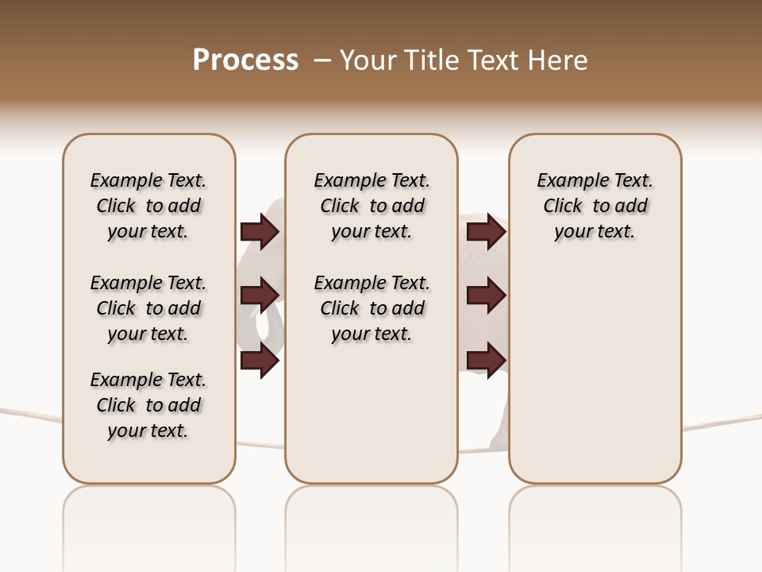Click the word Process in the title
coord(245,60)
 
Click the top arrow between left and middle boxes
coord(260,232)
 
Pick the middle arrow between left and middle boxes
coord(260,296)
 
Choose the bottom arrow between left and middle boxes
coord(260,361)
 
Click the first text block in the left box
coord(148,206)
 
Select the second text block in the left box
coord(148,308)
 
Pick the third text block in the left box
coord(148,405)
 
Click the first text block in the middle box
coord(371,206)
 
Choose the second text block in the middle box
coord(371,308)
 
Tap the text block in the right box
coord(595,206)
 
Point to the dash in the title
coord(322,60)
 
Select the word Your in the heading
coord(368,60)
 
